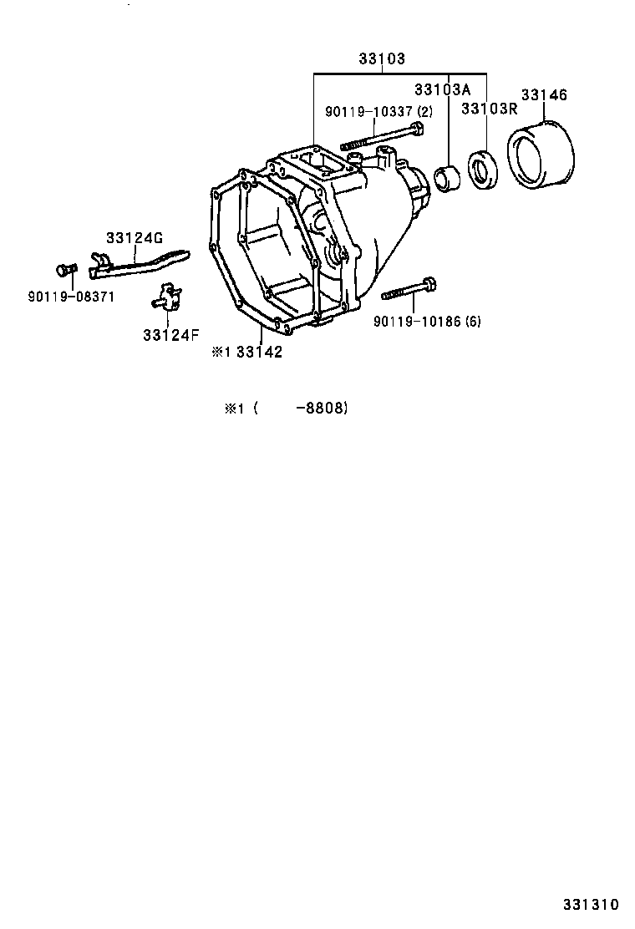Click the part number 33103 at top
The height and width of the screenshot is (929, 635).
pyautogui.click(x=382, y=59)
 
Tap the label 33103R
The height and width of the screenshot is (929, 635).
pyautogui.click(x=490, y=109)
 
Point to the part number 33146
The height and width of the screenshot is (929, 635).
pyautogui.click(x=544, y=95)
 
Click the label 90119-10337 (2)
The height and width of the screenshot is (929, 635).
pyautogui.click(x=378, y=112)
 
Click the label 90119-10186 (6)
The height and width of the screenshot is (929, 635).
pyautogui.click(x=427, y=321)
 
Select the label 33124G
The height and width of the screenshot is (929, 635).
pyautogui.click(x=134, y=238)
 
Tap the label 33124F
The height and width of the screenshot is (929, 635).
pyautogui.click(x=170, y=335)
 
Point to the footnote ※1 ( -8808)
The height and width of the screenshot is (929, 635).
pyautogui.click(x=285, y=409)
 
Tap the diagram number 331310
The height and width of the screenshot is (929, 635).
pyautogui.click(x=589, y=904)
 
